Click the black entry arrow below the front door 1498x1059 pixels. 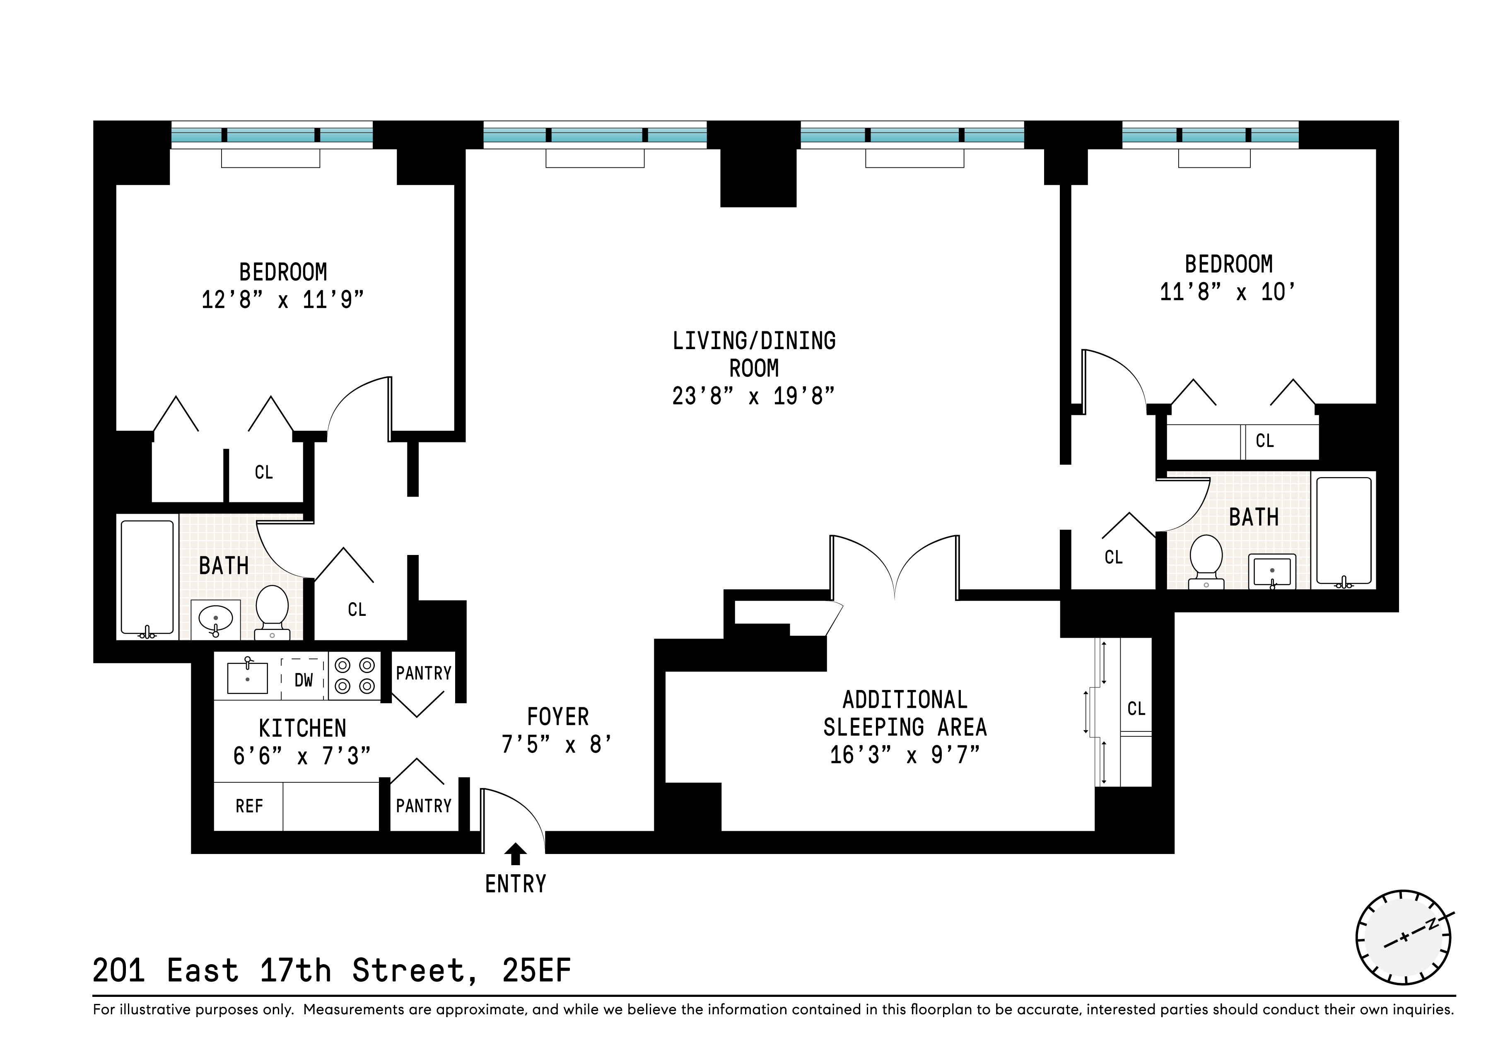click(516, 854)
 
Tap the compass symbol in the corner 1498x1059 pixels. click(1403, 938)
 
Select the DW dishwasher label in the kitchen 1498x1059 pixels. click(304, 680)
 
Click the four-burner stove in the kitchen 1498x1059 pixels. click(354, 676)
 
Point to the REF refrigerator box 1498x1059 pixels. click(248, 806)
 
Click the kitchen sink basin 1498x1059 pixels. click(247, 678)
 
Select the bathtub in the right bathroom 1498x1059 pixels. click(1344, 531)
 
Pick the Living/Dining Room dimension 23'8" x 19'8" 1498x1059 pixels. click(754, 396)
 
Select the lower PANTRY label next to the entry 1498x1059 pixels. click(423, 806)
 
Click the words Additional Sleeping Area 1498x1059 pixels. click(905, 713)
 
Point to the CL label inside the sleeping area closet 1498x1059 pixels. click(1136, 709)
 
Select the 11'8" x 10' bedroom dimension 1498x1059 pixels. click(1227, 292)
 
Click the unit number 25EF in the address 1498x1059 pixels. click(536, 970)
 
